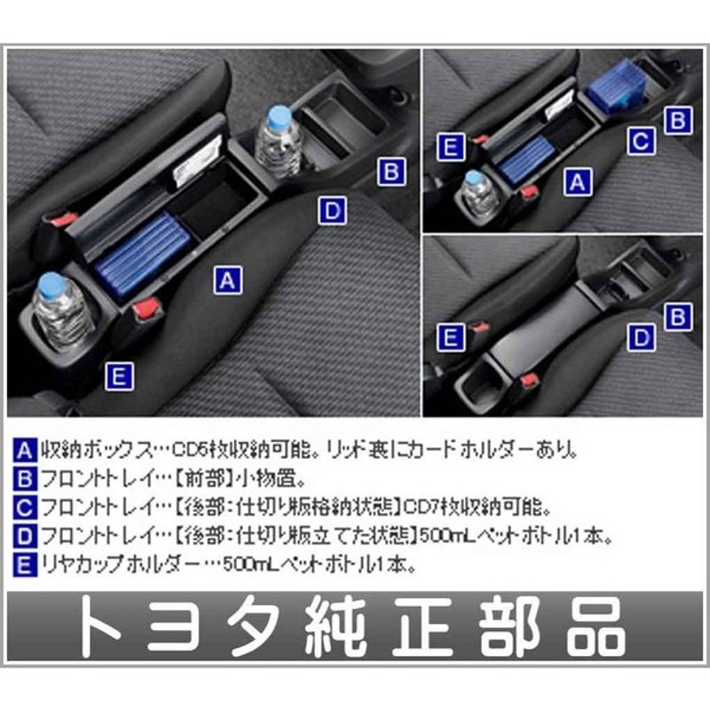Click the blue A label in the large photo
227,280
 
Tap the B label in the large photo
391,170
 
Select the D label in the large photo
330,210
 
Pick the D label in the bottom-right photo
641,337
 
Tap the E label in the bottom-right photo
451,335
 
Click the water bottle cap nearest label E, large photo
51,288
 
